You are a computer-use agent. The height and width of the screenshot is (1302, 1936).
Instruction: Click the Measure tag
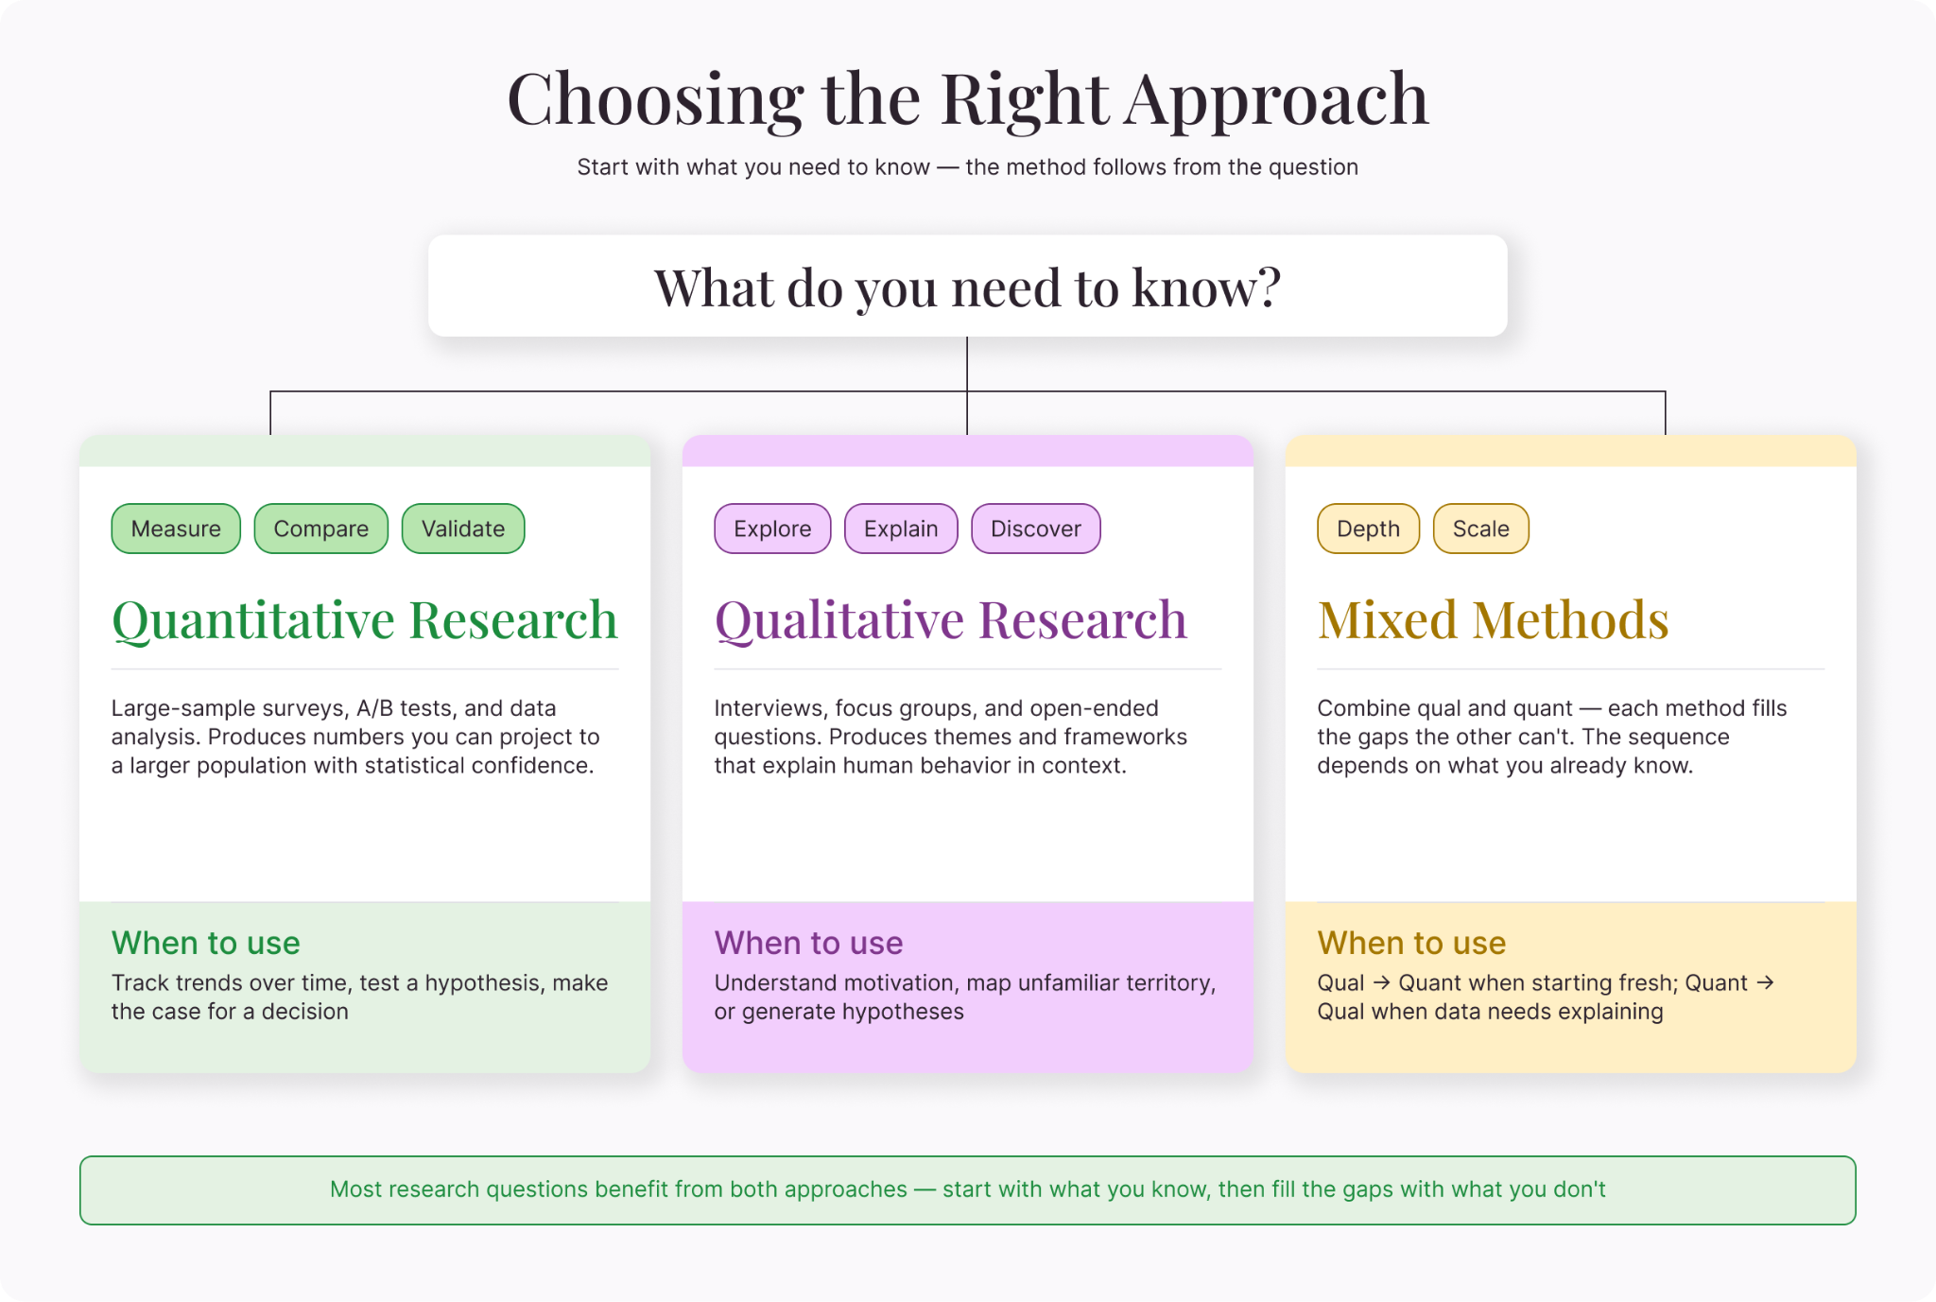(176, 529)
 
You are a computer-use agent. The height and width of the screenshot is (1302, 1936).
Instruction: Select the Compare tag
(321, 529)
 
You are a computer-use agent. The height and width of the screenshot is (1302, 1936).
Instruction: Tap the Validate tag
(463, 529)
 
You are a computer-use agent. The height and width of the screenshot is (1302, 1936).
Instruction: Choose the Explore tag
(772, 529)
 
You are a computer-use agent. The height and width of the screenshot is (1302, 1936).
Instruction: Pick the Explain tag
(901, 529)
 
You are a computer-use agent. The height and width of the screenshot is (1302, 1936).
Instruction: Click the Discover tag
(1036, 529)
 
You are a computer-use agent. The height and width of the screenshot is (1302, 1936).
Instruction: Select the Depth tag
(1368, 529)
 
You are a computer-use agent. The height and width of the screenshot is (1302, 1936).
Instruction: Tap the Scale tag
(1481, 529)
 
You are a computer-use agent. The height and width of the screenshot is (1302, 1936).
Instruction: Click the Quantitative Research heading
(365, 620)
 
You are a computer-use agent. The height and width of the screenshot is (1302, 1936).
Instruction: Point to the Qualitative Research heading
(951, 620)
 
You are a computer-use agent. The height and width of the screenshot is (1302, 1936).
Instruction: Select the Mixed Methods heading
(1494, 620)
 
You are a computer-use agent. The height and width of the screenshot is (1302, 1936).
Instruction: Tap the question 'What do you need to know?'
(968, 287)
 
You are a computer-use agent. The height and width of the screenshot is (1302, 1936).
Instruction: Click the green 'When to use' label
(206, 943)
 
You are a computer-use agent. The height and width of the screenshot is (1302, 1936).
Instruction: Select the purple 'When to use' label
(809, 943)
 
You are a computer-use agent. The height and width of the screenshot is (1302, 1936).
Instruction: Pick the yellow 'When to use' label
(1412, 943)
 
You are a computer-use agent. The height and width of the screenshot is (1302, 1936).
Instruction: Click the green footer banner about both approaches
(968, 1190)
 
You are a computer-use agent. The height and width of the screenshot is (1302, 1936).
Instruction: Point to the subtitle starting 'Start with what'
(968, 167)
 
